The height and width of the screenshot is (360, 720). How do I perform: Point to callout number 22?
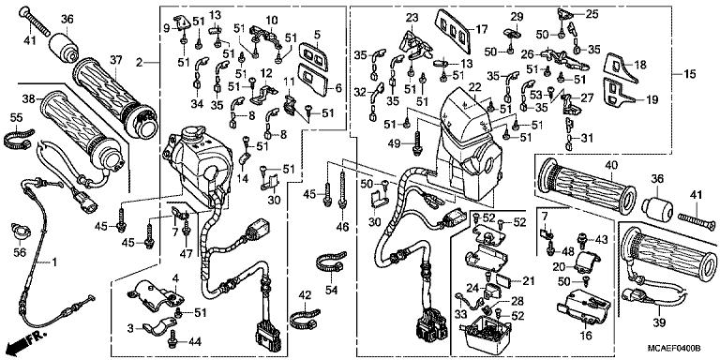coord(475,87)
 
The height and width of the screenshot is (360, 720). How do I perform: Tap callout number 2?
coord(139,62)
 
